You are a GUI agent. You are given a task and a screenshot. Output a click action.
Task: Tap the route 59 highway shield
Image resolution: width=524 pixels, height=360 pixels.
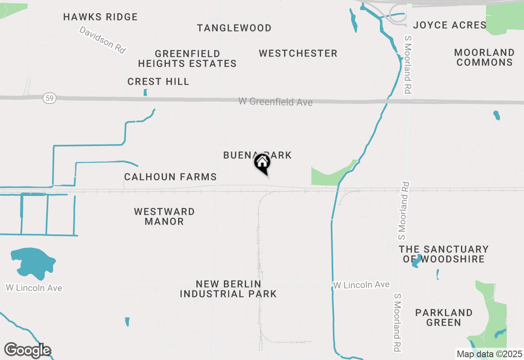point(49,98)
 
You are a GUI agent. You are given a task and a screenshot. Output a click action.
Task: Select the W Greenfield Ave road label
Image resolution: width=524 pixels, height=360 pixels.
point(276,101)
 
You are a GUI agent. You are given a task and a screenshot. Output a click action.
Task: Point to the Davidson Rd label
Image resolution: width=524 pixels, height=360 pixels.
point(102,40)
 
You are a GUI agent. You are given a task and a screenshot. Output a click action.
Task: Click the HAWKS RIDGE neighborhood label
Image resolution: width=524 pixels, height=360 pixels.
point(101,17)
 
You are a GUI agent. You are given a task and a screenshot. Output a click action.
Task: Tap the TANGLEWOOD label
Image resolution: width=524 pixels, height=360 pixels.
point(234,28)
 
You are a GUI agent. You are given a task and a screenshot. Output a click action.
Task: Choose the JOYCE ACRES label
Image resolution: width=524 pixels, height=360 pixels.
point(449,25)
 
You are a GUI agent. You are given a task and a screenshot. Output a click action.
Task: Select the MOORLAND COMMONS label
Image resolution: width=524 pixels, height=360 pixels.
point(484,58)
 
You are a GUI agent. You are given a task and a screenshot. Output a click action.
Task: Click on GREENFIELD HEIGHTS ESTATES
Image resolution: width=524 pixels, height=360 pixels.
point(187,59)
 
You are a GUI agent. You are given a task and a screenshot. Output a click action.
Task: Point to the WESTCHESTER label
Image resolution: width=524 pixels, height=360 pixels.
point(298,54)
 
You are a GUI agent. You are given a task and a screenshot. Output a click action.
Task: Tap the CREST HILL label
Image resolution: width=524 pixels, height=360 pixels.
point(158,82)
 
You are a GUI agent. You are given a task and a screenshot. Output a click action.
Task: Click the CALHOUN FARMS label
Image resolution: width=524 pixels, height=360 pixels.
point(170,177)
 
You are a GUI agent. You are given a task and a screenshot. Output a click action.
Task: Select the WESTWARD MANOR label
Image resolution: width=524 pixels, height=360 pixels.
point(164,216)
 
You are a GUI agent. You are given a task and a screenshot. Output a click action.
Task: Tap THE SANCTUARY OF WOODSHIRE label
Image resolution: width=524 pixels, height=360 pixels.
point(444,254)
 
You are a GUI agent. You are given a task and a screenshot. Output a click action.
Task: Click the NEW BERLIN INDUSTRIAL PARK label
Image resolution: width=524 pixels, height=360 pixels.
point(228,289)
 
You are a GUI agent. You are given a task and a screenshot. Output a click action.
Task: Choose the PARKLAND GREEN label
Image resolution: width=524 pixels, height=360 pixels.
point(444,317)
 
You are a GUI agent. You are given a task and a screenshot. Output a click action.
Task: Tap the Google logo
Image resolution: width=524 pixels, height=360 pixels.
point(27,351)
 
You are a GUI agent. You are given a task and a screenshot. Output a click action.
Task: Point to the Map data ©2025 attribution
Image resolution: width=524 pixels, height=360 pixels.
point(489,354)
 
